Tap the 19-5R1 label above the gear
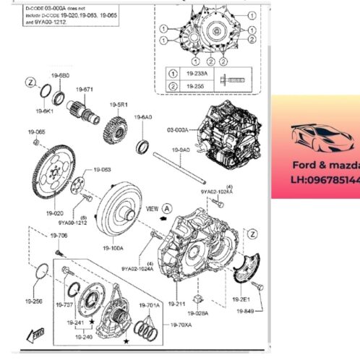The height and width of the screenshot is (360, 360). [119, 105]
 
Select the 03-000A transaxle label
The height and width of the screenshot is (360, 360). [178, 131]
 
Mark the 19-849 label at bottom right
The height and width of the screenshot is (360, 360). [245, 312]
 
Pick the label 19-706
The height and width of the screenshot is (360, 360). [58, 236]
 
